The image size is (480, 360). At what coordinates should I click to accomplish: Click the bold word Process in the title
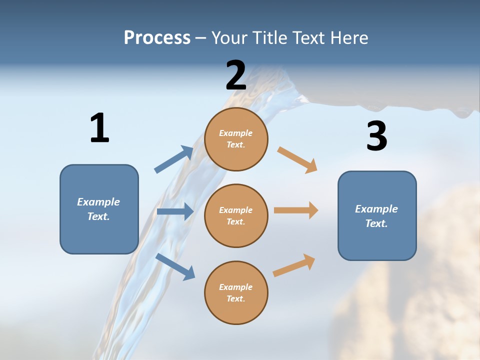157,38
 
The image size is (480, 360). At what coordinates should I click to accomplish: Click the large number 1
99,128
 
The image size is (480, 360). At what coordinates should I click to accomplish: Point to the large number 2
236,75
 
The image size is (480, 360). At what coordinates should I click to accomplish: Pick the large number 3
376,136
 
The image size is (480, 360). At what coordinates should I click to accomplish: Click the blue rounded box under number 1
99,209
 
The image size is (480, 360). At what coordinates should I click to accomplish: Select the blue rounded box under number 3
377,215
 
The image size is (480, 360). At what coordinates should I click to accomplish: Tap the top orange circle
236,139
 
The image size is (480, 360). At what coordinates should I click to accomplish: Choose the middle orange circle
236,215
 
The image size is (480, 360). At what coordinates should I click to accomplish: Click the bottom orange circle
236,292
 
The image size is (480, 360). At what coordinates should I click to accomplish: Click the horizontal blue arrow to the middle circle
175,211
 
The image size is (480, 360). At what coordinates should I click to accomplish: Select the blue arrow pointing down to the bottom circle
175,266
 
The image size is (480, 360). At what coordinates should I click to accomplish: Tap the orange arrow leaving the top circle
297,159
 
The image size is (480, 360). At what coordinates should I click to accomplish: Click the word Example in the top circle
235,133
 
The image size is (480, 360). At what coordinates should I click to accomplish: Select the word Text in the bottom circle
235,298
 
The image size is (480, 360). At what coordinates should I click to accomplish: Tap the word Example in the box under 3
376,209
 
